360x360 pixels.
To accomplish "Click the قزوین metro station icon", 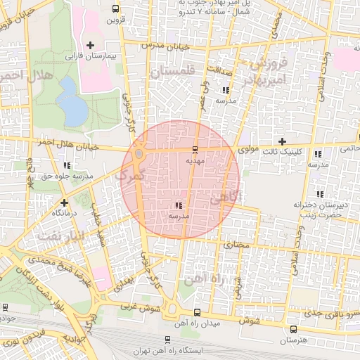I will point(115,9).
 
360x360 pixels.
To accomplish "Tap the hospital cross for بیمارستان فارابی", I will point(90,46).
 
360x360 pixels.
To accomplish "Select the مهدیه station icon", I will point(195,149).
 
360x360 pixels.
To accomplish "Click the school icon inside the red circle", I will point(177,206).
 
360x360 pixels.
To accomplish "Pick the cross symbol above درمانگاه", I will point(65,201).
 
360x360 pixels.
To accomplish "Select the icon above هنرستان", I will point(293,329).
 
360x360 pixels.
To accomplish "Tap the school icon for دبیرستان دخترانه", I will point(320,194).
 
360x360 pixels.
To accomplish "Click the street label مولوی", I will point(250,150).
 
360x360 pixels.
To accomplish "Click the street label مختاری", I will point(237,245).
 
